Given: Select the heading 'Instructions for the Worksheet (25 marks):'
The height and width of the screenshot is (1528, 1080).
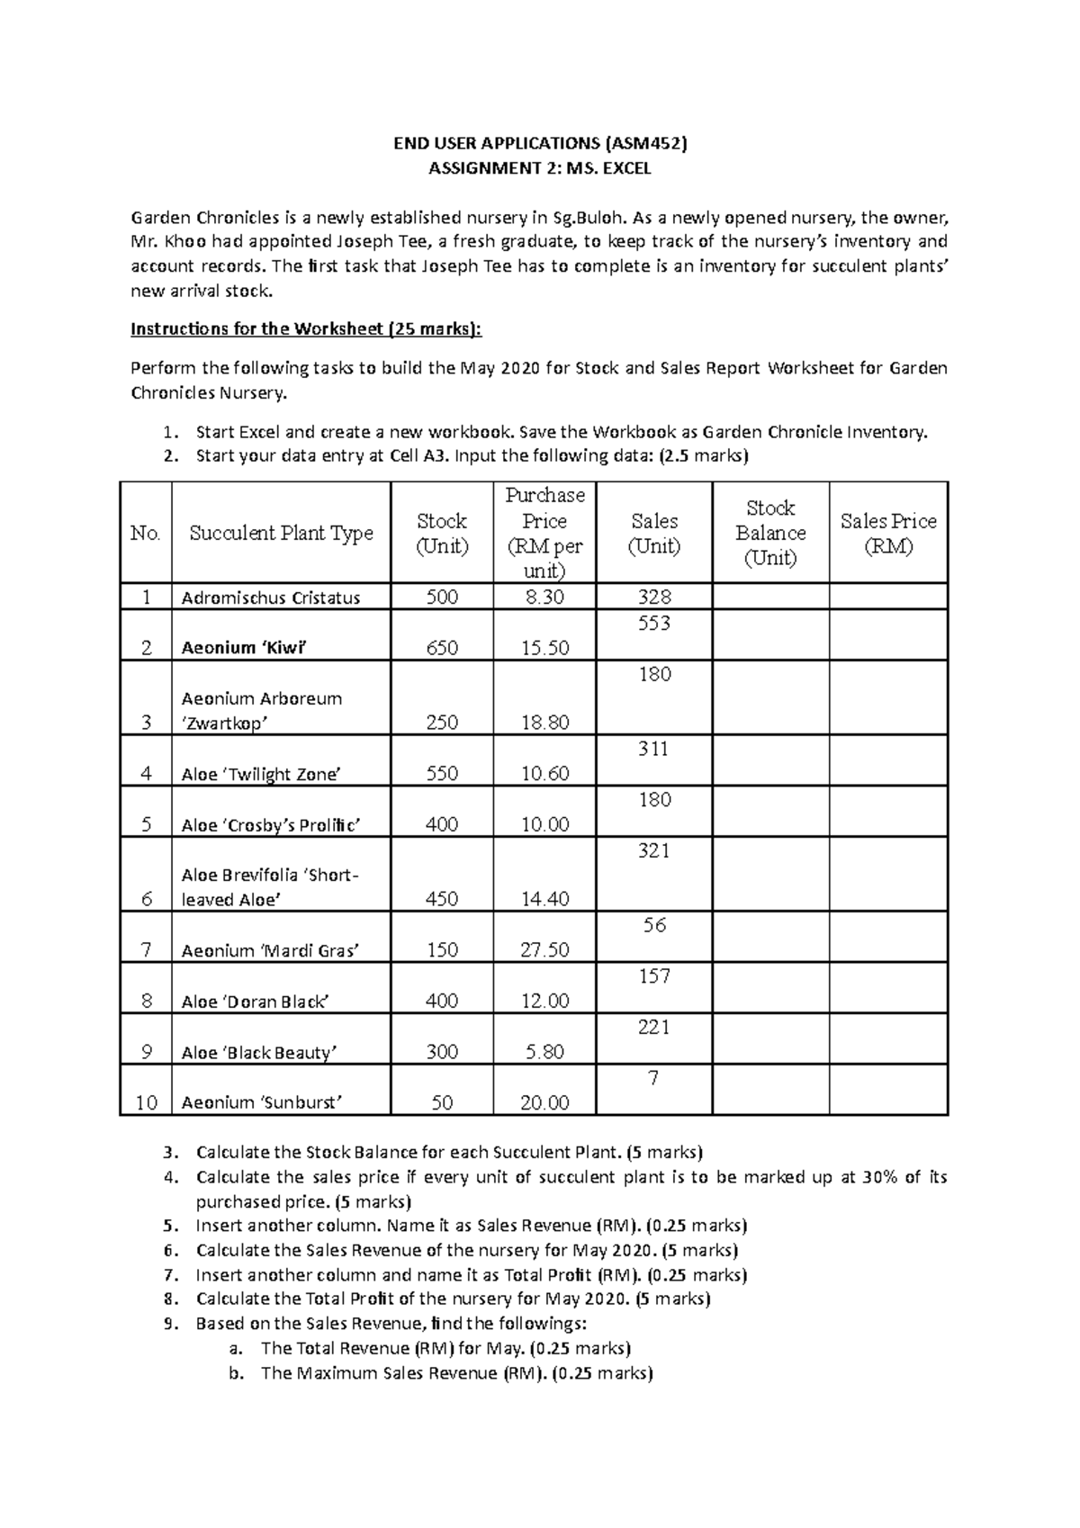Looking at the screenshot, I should [x=306, y=329].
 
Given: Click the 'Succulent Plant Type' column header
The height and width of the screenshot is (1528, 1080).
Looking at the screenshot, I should [x=281, y=533].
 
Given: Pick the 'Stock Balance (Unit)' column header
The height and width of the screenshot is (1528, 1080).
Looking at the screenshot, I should [x=770, y=533].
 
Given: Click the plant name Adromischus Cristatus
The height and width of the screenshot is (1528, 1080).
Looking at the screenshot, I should [x=270, y=598].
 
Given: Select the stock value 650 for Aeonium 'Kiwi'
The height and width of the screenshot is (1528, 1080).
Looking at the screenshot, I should [x=442, y=648].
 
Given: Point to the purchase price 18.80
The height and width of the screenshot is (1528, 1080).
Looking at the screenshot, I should [x=544, y=723].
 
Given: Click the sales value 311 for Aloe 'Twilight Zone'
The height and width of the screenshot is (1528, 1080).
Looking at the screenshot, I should [x=653, y=749].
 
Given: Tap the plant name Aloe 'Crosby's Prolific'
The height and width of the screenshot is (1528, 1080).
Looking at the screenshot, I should [x=270, y=825].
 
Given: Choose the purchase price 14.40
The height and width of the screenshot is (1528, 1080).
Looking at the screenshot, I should [x=544, y=899].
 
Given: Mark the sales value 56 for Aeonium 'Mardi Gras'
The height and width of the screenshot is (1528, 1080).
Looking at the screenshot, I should [x=653, y=925].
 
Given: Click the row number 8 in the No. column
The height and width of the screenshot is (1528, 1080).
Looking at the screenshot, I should [x=147, y=1001].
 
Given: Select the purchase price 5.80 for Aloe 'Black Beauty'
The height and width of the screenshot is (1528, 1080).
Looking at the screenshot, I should [x=544, y=1052].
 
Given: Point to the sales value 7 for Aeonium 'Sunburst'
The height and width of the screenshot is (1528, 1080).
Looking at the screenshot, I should [x=653, y=1078].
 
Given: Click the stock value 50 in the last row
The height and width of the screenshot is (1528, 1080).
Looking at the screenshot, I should [x=442, y=1103].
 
